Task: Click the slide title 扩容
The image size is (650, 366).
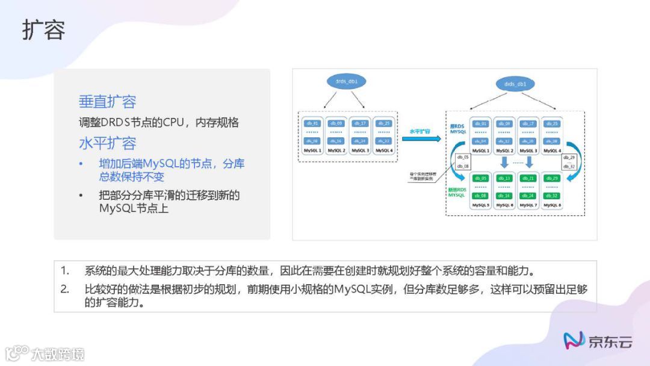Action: coord(43,30)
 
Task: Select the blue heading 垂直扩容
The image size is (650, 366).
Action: coord(107,102)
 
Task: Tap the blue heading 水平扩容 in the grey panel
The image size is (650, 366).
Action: coord(107,143)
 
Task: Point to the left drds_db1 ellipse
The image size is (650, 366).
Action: coord(348,81)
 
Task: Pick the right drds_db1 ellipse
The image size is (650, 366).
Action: coord(515,84)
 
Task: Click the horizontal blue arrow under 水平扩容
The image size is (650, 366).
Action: coord(421,138)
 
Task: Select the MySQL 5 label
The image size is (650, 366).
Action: coord(480,205)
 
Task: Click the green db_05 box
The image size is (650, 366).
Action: coord(480,178)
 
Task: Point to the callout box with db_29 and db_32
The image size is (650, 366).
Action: coord(569,161)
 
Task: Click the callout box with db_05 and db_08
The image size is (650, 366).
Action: coord(462,161)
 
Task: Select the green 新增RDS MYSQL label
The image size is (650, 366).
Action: coord(457,192)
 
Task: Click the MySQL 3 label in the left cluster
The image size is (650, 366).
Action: coord(360,150)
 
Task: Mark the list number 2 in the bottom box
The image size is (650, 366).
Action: coord(65,289)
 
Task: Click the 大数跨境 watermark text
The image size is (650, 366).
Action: coord(58,354)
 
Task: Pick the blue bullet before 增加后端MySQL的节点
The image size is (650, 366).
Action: coord(81,164)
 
